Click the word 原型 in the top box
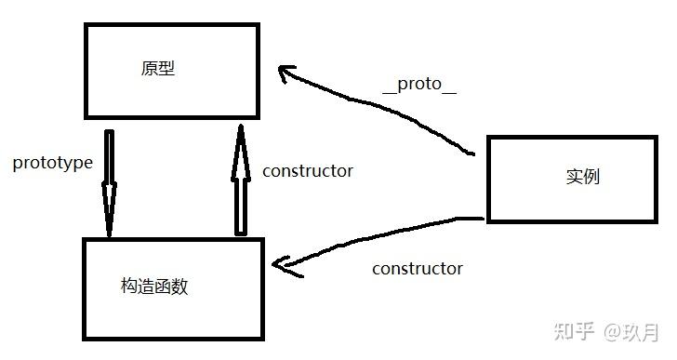pos(158,69)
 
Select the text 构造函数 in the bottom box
pos(154,287)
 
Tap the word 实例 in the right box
pos(582,177)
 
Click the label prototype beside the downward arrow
pos(53,163)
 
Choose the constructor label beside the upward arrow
pos(307,171)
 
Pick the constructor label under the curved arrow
pos(417,269)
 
